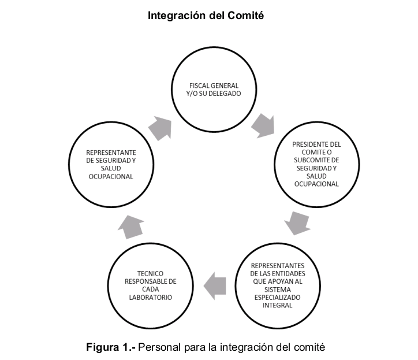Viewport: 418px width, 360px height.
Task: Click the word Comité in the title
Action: pos(245,15)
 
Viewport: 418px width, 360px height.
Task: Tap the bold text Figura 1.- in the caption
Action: pos(111,347)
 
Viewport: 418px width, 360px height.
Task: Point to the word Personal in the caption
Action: pos(159,347)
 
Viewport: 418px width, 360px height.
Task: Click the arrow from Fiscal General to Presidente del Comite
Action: pos(263,126)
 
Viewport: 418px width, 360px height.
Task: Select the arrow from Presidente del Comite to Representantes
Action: pos(297,224)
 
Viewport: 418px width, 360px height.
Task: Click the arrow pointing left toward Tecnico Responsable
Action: pos(215,286)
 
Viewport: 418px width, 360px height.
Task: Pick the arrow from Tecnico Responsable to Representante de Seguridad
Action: pos(131,227)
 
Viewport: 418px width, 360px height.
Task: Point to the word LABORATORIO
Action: pos(151,297)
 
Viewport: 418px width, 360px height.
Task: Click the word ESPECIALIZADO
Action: pos(278,297)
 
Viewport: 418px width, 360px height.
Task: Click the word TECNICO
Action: pos(150,273)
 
